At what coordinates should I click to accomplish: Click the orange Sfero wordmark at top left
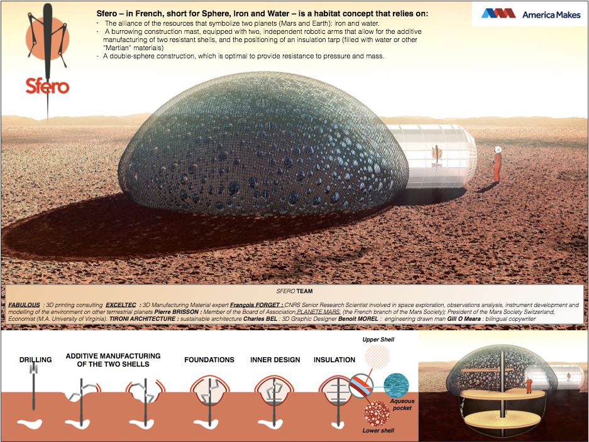pos(47,86)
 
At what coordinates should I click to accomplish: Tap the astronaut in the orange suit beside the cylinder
pos(497,164)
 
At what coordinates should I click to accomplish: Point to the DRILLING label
pos(35,360)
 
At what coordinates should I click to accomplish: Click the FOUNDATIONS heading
pos(209,360)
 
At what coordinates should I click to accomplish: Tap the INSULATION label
pos(334,360)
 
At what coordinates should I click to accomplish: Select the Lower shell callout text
pos(378,431)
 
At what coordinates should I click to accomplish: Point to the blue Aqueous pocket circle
pos(395,384)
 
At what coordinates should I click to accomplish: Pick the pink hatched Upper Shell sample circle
pos(377,356)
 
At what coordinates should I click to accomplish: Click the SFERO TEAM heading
pos(295,291)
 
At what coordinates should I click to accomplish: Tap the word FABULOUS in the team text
pos(25,305)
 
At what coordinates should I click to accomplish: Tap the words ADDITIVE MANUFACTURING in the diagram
pos(113,356)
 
